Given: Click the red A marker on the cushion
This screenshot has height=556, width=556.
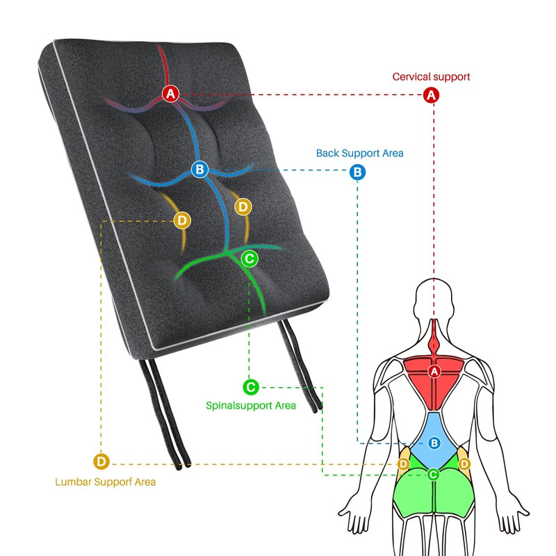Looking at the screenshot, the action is tap(171, 93).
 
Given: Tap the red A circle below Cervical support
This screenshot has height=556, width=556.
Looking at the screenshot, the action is tap(432, 95).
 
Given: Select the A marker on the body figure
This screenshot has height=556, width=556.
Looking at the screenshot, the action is tap(435, 373).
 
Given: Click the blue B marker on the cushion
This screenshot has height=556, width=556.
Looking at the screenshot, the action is tap(199, 169).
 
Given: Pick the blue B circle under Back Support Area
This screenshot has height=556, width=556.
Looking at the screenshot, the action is tap(357, 171).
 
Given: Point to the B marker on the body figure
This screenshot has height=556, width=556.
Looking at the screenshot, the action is tap(434, 442).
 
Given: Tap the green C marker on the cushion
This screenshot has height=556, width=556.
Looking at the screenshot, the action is tap(250, 259).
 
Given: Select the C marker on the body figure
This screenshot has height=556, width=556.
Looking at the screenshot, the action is tap(434, 475).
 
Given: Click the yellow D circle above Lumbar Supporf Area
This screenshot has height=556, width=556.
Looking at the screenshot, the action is tap(101, 461).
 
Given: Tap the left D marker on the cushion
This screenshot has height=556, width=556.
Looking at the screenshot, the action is tap(182, 220).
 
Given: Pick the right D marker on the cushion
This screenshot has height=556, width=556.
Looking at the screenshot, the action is tap(243, 206).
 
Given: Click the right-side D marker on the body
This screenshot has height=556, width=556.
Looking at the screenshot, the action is tap(464, 464).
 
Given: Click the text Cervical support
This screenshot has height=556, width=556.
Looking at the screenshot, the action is tap(431, 77).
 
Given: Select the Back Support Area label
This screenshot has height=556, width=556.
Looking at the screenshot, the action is tap(359, 153).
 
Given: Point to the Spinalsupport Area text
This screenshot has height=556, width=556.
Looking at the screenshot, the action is tap(251, 405).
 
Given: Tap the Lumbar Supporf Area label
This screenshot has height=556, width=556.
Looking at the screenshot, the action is tap(105, 481).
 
